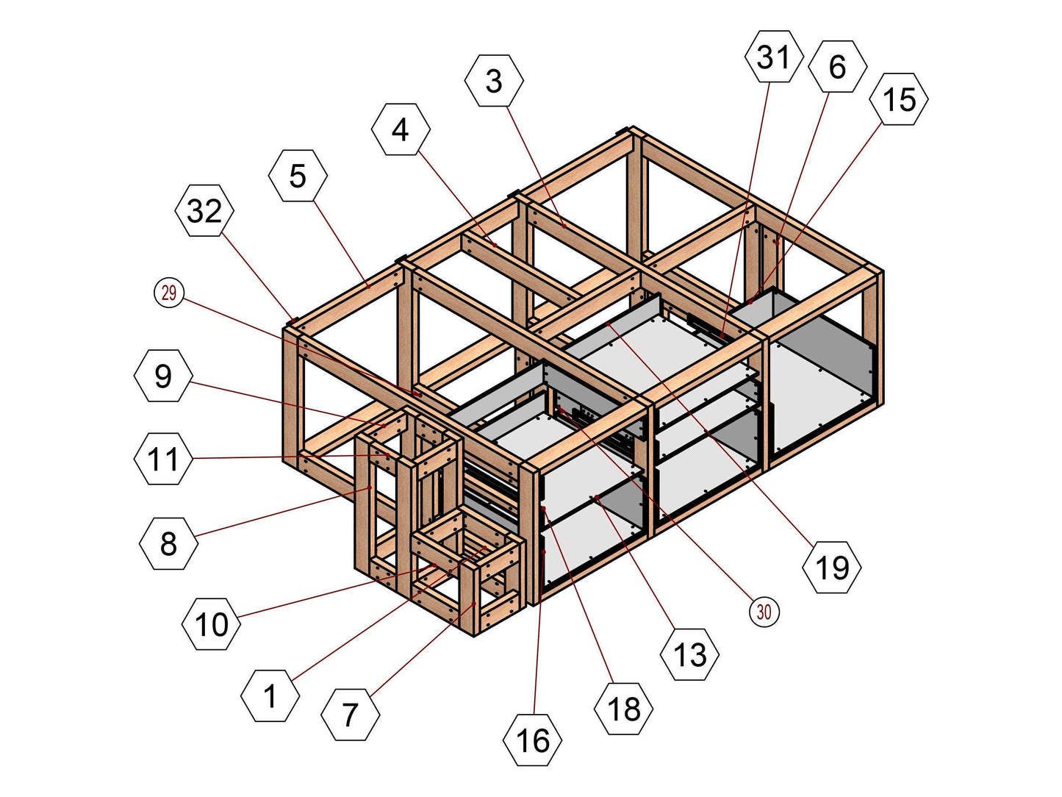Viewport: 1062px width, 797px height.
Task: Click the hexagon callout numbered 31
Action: (773, 57)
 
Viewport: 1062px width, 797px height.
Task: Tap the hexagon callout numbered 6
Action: (837, 67)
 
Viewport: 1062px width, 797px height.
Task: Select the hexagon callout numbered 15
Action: (899, 99)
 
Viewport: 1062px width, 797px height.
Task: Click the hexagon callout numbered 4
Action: (401, 129)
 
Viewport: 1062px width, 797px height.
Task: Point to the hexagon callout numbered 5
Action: (298, 176)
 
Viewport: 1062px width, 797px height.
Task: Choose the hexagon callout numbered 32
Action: (204, 211)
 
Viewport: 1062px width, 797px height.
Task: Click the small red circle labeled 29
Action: (169, 293)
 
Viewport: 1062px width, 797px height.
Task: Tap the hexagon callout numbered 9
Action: (163, 376)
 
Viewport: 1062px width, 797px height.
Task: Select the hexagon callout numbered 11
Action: (163, 460)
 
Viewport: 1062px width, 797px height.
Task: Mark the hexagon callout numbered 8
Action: (168, 544)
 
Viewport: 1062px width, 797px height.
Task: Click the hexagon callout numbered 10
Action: (211, 624)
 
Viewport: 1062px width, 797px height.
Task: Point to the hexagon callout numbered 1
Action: (270, 696)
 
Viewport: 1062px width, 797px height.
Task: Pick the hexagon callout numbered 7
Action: (351, 714)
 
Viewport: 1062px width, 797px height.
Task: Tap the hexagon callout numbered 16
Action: (533, 740)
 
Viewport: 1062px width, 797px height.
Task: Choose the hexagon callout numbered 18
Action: (623, 709)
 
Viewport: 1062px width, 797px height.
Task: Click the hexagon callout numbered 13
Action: (689, 654)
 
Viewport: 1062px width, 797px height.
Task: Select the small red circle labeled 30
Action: (764, 612)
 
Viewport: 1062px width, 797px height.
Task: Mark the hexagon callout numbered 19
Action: (832, 567)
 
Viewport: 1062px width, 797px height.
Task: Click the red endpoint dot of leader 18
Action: (543, 509)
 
